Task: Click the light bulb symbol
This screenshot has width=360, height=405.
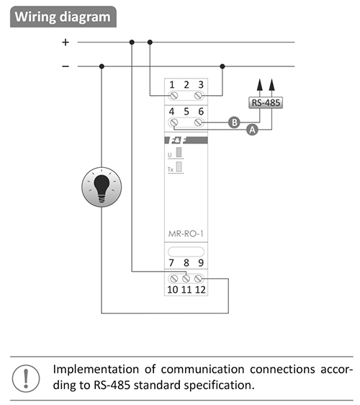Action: click(102, 187)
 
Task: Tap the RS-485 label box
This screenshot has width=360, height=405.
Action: click(266, 102)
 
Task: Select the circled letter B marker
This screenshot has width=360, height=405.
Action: click(234, 123)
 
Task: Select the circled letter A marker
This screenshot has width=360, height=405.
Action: click(252, 130)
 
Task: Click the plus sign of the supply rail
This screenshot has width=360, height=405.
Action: click(66, 42)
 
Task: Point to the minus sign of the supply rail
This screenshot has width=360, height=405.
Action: click(66, 66)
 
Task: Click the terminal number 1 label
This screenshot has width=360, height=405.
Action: click(172, 85)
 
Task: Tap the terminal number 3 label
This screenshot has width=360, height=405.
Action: click(201, 85)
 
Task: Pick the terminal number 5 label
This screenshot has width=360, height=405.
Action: click(186, 112)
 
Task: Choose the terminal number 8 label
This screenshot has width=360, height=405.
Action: click(186, 263)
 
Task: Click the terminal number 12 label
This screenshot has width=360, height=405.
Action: click(200, 290)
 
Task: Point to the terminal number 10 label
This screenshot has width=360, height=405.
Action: click(173, 290)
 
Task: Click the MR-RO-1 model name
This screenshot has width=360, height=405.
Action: click(186, 233)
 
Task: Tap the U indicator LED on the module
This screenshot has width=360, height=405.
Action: click(179, 152)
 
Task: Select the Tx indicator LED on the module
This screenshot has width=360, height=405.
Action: click(179, 166)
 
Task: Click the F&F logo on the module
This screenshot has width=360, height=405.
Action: click(186, 141)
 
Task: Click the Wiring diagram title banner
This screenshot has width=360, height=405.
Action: click(63, 17)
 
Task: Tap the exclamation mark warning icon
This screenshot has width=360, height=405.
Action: click(26, 378)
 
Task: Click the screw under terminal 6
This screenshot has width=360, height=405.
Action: click(198, 123)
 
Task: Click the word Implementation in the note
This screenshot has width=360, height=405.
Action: click(96, 370)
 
